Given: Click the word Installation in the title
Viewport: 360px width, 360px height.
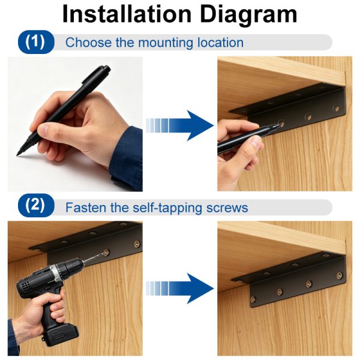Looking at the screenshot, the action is (127, 14).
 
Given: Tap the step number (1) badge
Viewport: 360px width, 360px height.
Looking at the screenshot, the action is (36, 42).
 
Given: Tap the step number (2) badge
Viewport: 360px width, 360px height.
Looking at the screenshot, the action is (36, 205).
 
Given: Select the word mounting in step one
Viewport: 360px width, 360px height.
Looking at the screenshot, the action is (166, 43).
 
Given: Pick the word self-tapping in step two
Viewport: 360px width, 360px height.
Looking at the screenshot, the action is (167, 208).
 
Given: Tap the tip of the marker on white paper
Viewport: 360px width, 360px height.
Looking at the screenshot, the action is (17, 155).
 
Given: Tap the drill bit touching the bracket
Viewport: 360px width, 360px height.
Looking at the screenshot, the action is (95, 257).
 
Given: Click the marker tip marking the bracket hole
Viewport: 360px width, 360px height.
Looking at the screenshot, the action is (279, 125).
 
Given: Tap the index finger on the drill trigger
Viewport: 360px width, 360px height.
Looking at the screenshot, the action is (58, 298).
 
